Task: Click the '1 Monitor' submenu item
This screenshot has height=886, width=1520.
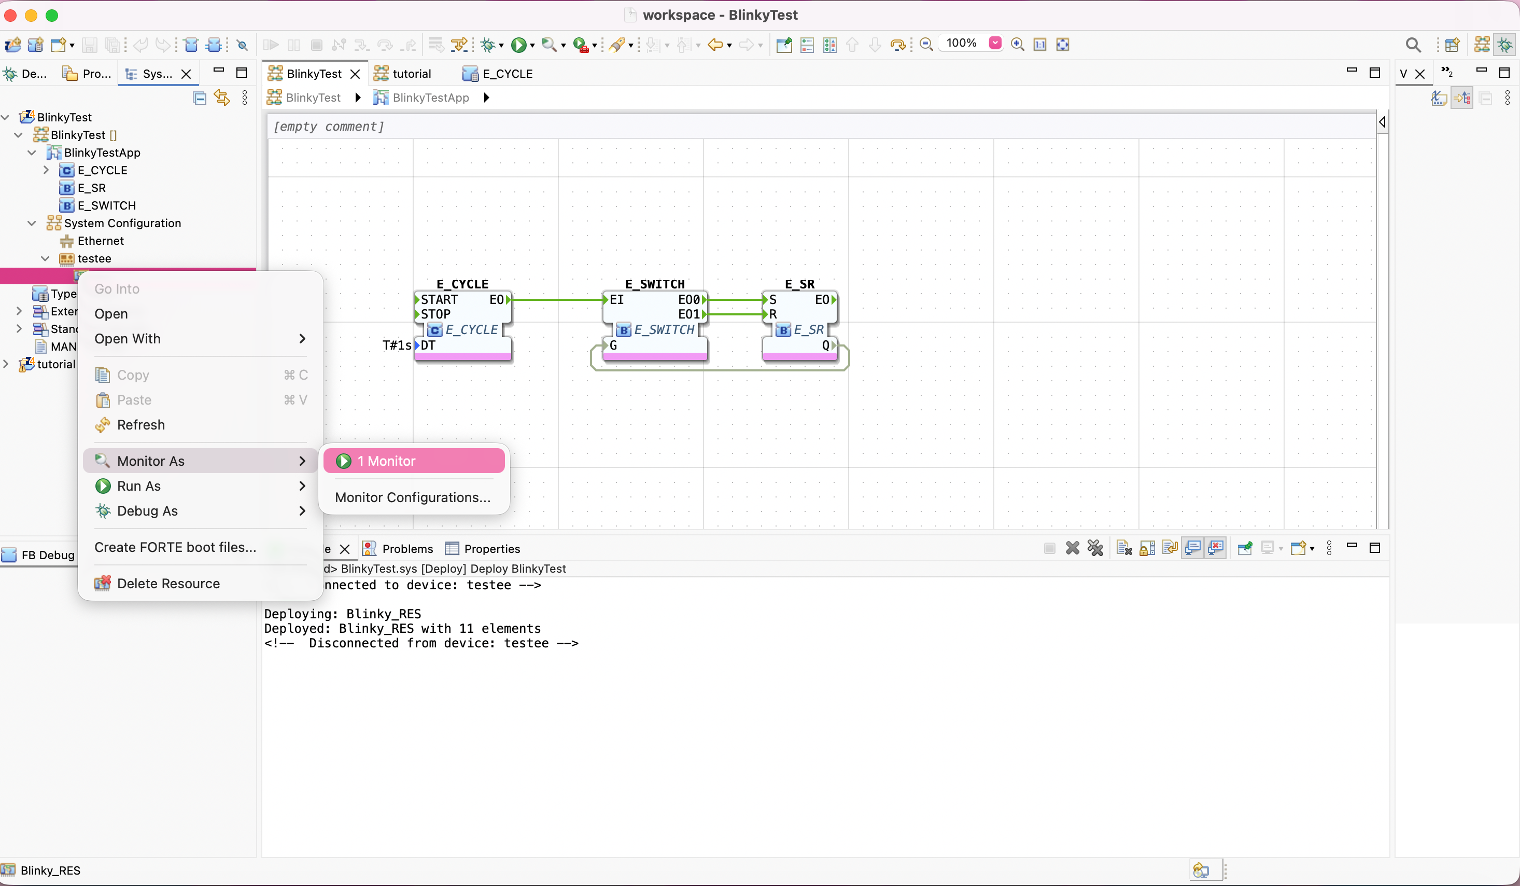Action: pos(414,461)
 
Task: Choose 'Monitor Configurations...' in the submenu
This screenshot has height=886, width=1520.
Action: pos(413,497)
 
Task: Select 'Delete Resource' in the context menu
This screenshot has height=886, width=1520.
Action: pos(168,584)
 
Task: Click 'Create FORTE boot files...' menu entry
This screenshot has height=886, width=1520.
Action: pos(175,547)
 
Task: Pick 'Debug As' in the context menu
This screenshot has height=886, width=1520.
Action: pos(147,511)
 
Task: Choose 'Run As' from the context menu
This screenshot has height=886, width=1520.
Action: pos(139,486)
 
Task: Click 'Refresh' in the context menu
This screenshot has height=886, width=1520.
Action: pos(140,425)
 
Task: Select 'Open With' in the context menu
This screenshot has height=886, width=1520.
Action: pos(127,339)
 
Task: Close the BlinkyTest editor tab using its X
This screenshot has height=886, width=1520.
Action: pos(355,74)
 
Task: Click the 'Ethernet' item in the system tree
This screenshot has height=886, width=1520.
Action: pos(100,241)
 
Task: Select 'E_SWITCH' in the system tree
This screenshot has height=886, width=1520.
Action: pos(106,206)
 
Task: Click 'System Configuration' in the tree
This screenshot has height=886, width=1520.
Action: pos(122,223)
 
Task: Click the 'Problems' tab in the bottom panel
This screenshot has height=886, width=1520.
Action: pos(407,549)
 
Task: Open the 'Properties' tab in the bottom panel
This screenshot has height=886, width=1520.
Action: pos(491,549)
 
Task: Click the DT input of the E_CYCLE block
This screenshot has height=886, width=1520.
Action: pos(428,345)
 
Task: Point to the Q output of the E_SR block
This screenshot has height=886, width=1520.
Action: pos(826,345)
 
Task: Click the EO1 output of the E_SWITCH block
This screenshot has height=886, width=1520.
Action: pos(690,314)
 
